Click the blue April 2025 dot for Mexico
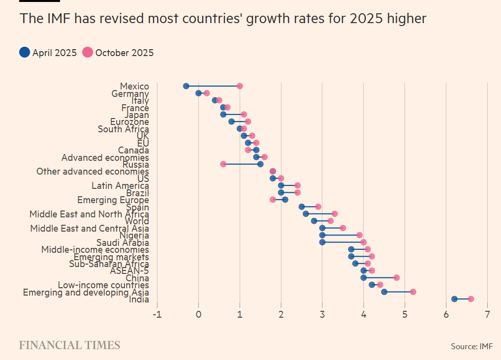point(186,86)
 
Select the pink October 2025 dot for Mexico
point(240,86)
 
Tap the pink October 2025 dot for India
point(471,299)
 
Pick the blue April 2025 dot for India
point(454,299)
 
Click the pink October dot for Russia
point(223,164)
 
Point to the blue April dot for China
point(364,277)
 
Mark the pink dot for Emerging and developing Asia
point(413,292)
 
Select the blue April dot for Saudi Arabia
point(322,242)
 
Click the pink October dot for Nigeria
point(359,235)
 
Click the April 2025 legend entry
point(48,53)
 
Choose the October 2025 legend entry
point(118,53)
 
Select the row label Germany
point(130,93)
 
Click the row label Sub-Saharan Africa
point(109,264)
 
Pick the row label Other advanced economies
point(93,172)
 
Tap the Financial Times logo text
point(69,345)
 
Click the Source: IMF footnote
point(471,346)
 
